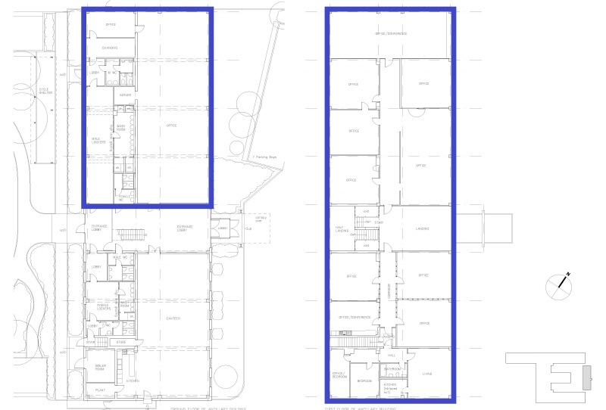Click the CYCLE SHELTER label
[45, 91]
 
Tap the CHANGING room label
[111, 48]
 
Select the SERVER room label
[125, 95]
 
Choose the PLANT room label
[99, 390]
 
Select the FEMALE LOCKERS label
[103, 307]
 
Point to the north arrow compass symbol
[561, 283]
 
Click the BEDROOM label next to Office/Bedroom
[364, 380]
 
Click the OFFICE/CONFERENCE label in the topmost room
[391, 34]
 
